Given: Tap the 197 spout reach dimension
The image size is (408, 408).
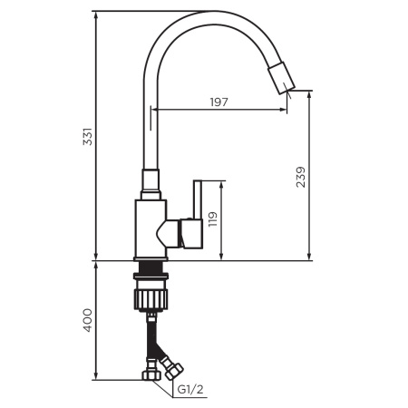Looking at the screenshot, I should (218, 102).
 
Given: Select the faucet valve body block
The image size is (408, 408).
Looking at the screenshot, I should (149, 227).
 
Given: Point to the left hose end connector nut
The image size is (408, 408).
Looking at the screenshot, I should (148, 373).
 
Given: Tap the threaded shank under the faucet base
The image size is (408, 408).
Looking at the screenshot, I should (151, 269).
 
